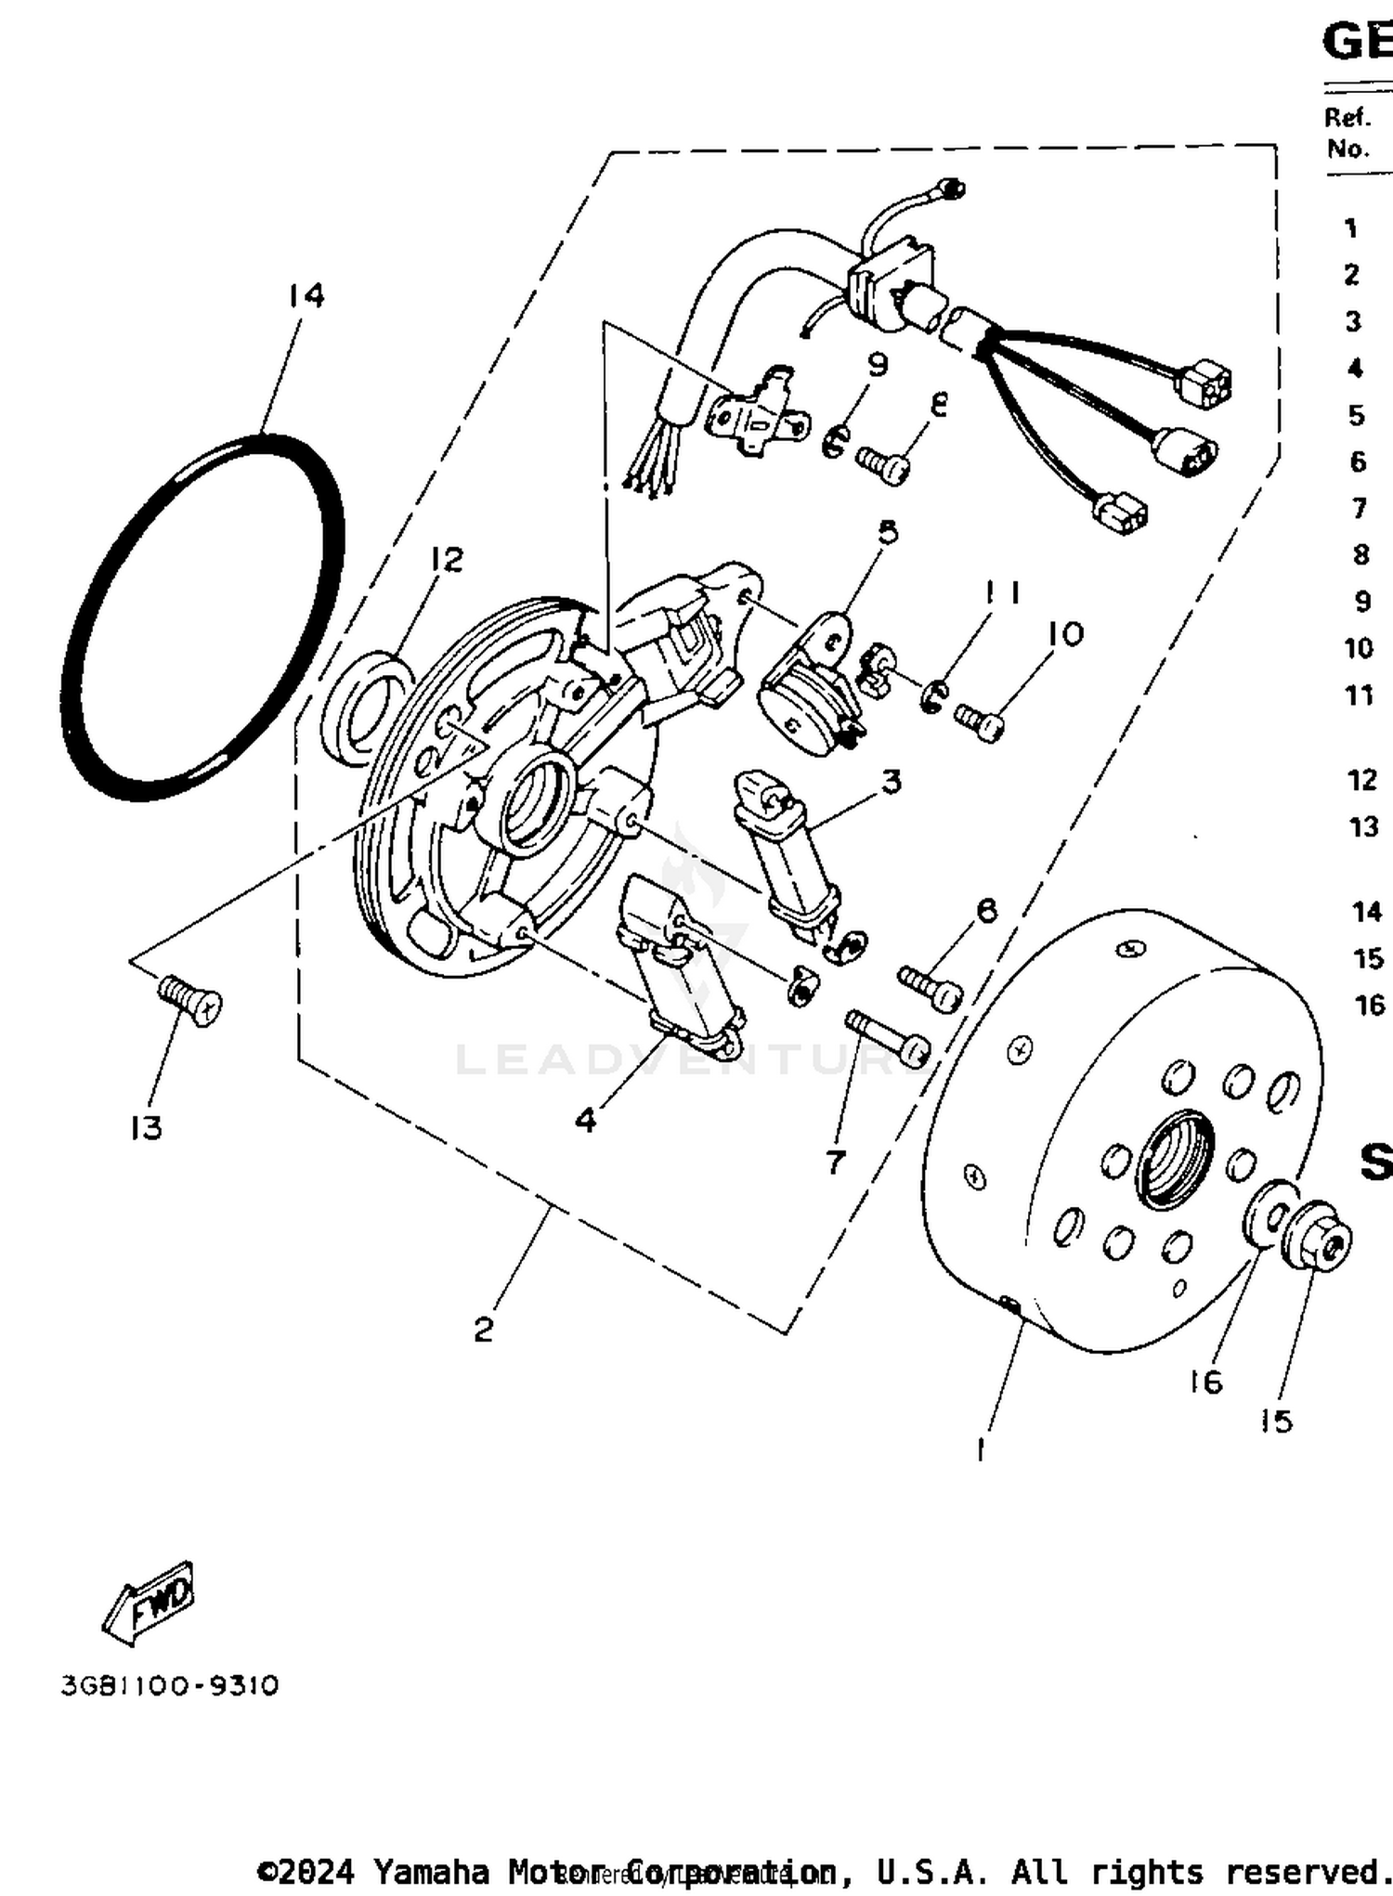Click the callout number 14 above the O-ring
pos(306,295)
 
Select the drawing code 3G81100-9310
pos(170,1685)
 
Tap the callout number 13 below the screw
pos(146,1127)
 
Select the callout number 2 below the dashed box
pos(483,1330)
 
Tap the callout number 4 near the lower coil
pos(585,1120)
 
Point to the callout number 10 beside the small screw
pos(1065,634)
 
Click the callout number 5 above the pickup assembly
pos(888,532)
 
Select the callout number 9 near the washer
pos(878,365)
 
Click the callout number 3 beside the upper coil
pos(891,781)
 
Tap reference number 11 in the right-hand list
pos(1360,695)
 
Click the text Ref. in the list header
pos(1347,117)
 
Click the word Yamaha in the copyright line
pos(431,1871)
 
